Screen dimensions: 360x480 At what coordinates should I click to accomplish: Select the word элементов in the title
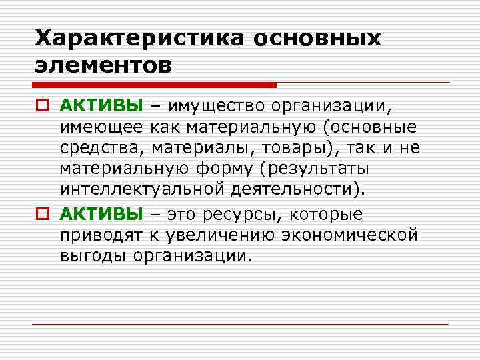click(103, 65)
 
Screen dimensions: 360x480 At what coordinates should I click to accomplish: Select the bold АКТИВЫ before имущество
click(101, 105)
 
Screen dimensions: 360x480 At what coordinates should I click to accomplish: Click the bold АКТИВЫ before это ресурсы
click(101, 214)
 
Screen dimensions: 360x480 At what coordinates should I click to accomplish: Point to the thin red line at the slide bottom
click(240, 324)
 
